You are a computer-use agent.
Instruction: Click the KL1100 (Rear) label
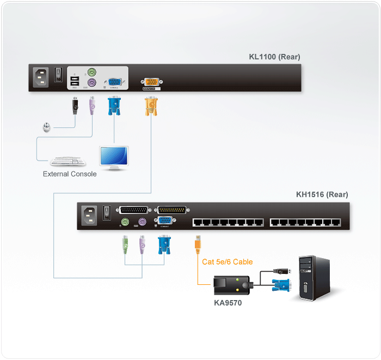click(x=274, y=57)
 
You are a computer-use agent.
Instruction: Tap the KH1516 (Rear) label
click(x=322, y=194)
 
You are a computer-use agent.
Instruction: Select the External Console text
click(x=70, y=174)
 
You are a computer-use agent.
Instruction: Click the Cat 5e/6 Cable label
click(x=228, y=261)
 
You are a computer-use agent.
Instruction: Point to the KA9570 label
click(x=228, y=303)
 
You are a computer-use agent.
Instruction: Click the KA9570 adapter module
click(x=231, y=284)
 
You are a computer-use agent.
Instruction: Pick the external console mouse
click(x=47, y=128)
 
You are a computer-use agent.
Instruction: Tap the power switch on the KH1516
click(x=107, y=213)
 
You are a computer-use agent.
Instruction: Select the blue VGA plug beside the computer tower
click(x=282, y=285)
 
